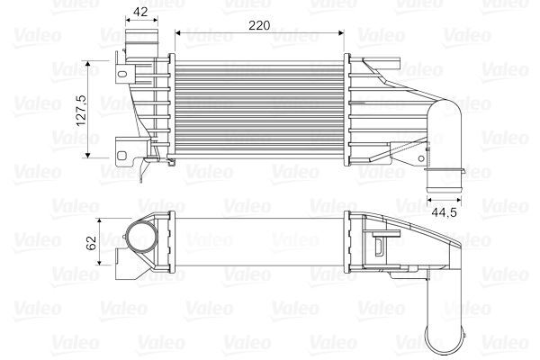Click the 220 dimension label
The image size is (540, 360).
pyautogui.click(x=259, y=25)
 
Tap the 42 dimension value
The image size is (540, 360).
pyautogui.click(x=140, y=12)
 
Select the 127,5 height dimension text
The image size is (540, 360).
pyautogui.click(x=82, y=110)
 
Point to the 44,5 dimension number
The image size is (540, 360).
pyautogui.click(x=444, y=212)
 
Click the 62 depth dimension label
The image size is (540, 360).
pyautogui.click(x=92, y=242)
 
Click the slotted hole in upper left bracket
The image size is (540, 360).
pyautogui.click(x=122, y=74)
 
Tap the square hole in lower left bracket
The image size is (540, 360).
pyautogui.click(x=121, y=156)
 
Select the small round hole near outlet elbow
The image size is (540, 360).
pyautogui.click(x=421, y=158)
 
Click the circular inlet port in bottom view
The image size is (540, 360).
pyautogui.click(x=141, y=237)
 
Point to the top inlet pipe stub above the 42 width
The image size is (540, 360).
pyautogui.click(x=141, y=41)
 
